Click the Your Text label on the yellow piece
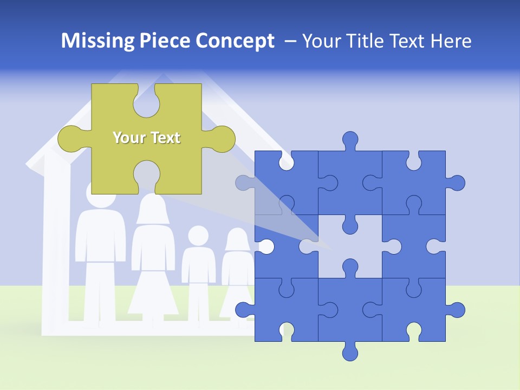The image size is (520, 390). [x=146, y=138]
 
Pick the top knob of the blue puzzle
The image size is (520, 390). [x=350, y=140]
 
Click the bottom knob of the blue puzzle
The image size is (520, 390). [x=350, y=352]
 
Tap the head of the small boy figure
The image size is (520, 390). [x=198, y=236]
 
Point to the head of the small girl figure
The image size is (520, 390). [x=237, y=239]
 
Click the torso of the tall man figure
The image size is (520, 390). [x=100, y=238]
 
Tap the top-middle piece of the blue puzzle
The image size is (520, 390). [x=349, y=181]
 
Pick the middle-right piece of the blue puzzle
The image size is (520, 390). [x=414, y=246]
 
